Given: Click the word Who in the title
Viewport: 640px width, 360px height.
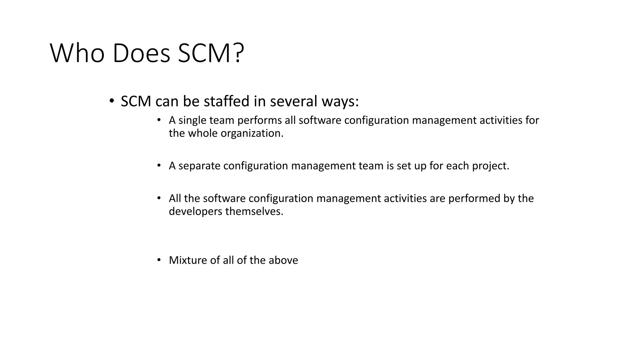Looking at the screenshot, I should click(77, 53).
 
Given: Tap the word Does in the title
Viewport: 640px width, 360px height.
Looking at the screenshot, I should click(141, 53).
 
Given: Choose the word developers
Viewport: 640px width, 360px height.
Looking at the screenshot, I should click(195, 212).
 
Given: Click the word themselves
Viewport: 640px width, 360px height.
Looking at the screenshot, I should click(254, 212).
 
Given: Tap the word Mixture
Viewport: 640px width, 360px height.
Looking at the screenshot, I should click(188, 260).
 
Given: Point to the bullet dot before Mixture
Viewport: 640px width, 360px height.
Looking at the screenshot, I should click(159, 260).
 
